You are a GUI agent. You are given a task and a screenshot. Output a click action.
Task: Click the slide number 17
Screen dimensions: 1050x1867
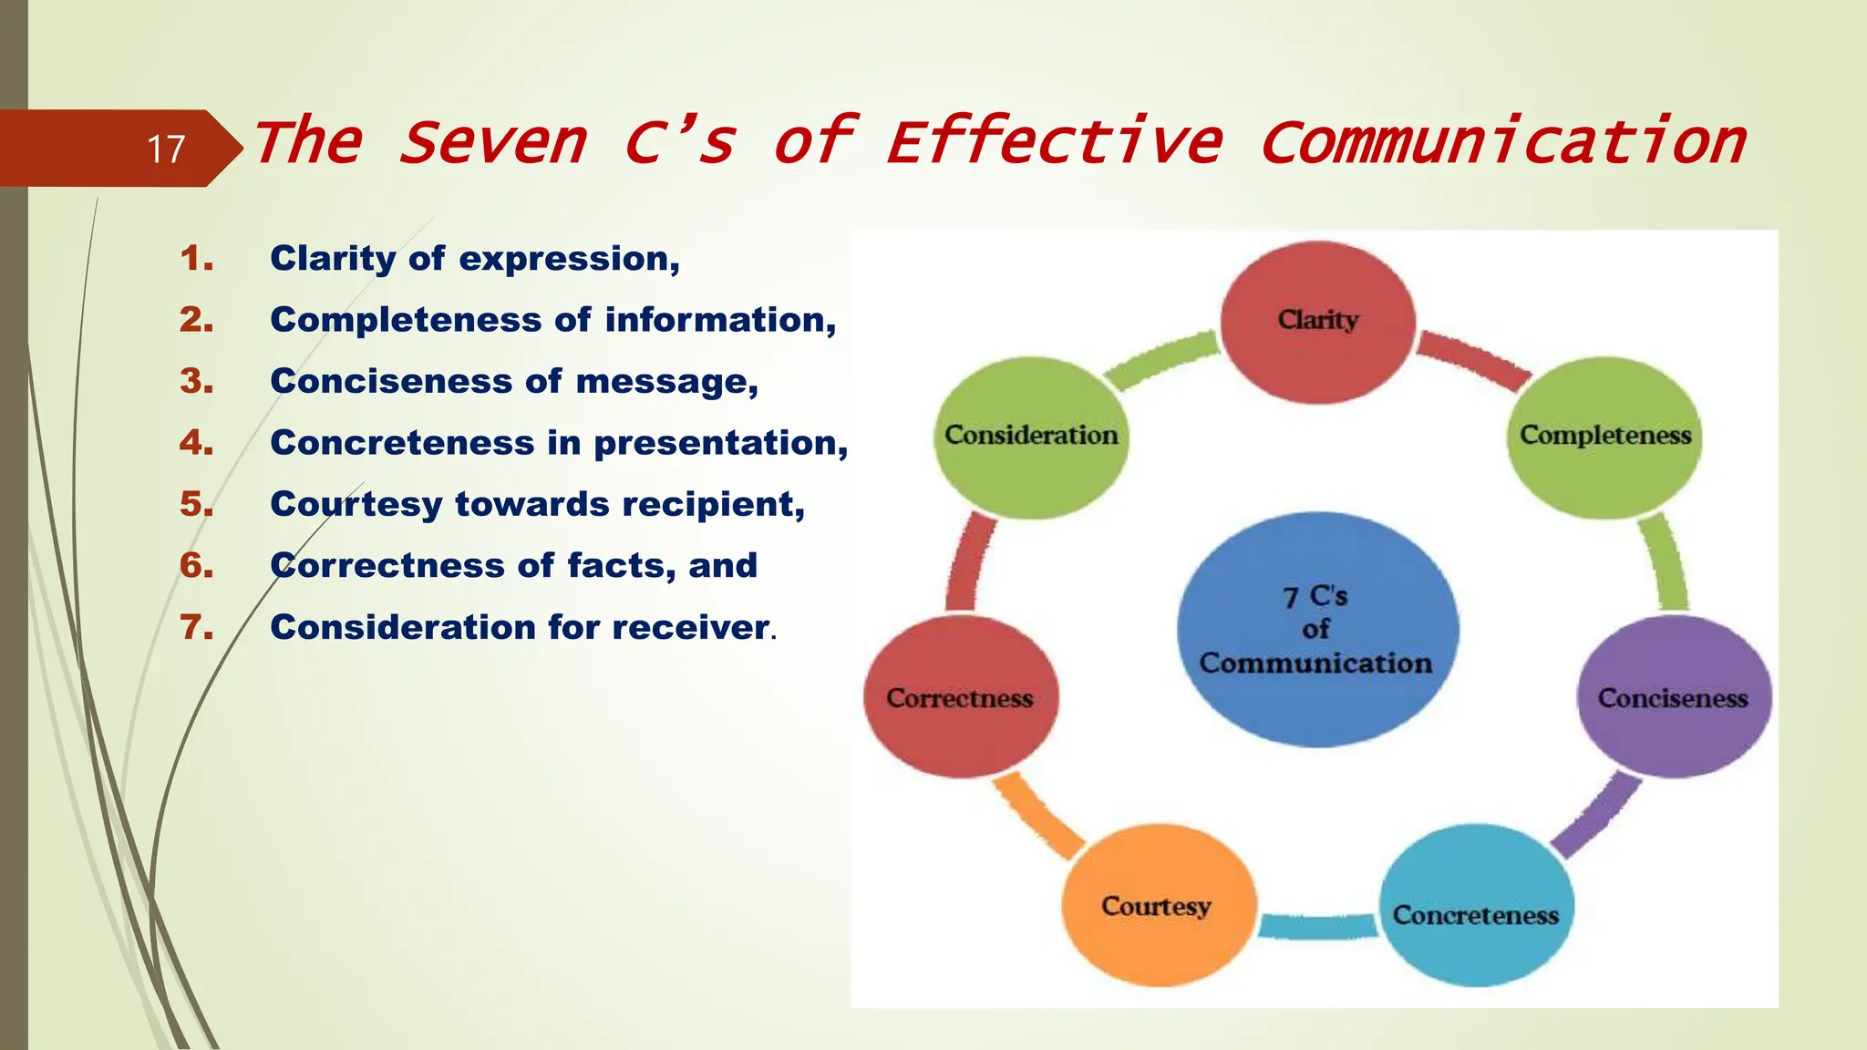tap(166, 149)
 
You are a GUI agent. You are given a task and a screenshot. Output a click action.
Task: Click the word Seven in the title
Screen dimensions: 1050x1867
tap(492, 143)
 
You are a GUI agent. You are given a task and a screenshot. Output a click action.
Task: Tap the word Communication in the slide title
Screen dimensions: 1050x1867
tap(1502, 143)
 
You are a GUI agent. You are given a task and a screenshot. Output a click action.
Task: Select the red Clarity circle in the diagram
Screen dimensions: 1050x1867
tap(1317, 322)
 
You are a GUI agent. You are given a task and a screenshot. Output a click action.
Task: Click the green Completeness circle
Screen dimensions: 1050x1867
tap(1604, 437)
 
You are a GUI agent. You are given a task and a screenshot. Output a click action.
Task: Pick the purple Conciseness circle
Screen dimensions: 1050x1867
tap(1673, 697)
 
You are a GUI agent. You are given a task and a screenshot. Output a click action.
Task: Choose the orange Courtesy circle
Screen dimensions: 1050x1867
tap(1157, 905)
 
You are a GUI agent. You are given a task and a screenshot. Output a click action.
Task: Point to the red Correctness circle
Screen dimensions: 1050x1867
tap(960, 697)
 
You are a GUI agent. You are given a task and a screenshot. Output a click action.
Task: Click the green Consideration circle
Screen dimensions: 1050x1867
tap(1030, 437)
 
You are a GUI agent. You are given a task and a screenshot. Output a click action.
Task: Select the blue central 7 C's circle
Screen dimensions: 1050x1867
tap(1316, 629)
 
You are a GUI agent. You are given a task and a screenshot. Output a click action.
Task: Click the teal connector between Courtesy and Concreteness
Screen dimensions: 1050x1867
tap(1317, 926)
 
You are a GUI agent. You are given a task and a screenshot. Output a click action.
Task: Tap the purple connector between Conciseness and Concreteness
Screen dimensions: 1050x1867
tap(1594, 814)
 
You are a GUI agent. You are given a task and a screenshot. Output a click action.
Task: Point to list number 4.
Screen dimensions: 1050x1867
tap(196, 443)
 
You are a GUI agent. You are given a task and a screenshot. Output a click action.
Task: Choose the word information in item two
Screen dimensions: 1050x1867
tap(719, 320)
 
